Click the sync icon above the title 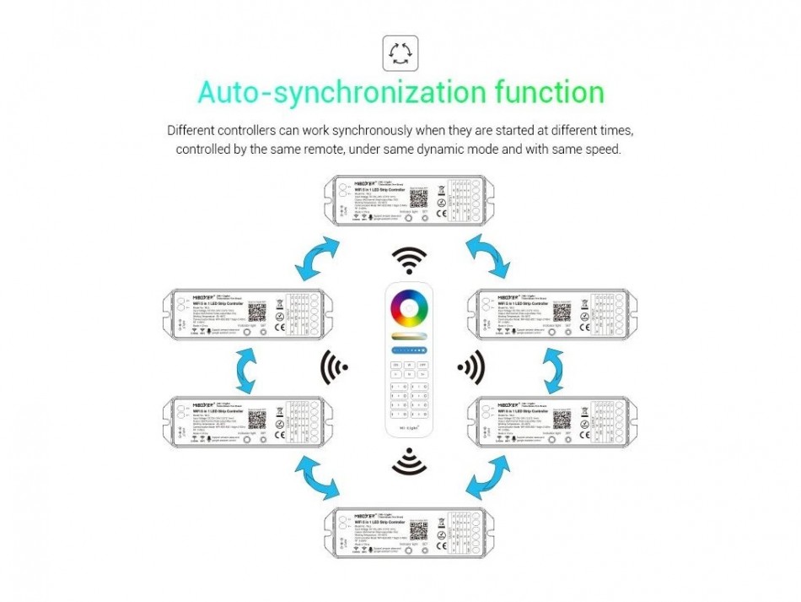[400, 52]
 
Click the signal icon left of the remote [335, 366]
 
